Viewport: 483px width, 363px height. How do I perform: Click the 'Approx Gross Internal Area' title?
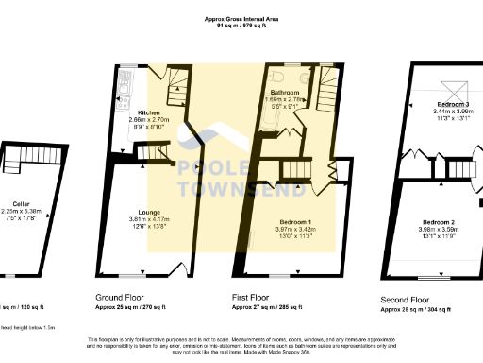tap(241, 18)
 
